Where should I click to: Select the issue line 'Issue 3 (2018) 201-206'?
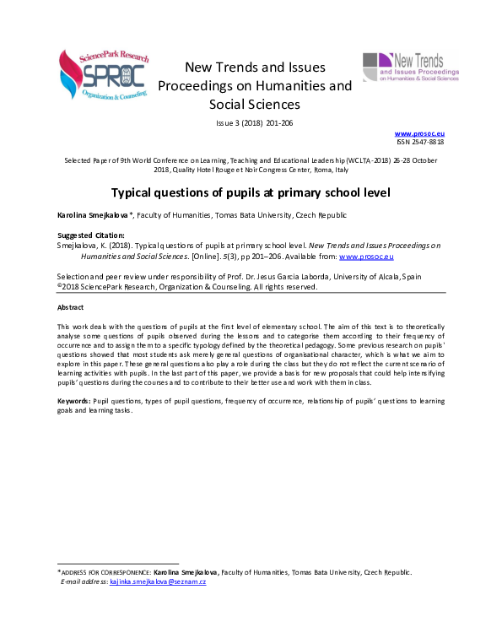click(x=255, y=123)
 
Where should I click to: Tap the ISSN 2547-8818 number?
click(x=420, y=142)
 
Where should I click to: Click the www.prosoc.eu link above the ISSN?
click(x=420, y=133)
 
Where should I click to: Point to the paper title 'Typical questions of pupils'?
click(x=251, y=192)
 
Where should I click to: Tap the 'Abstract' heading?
click(x=70, y=306)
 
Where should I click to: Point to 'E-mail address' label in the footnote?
click(x=84, y=581)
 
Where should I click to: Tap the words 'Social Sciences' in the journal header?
click(x=255, y=105)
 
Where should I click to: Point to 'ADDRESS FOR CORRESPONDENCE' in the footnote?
click(x=105, y=572)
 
